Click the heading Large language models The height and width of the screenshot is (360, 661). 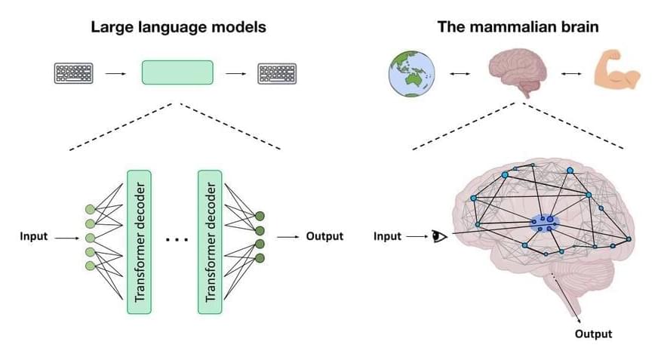pos(178,27)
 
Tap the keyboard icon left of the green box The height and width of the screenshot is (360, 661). pos(75,73)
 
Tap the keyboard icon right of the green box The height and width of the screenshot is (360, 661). pos(278,73)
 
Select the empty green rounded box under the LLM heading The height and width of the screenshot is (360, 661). pos(177,72)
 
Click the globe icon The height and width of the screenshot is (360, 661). pos(407,74)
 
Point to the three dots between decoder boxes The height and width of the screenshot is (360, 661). pos(175,239)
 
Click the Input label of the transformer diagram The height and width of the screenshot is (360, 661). pos(34,236)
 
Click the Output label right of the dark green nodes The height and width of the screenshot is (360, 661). pos(324,236)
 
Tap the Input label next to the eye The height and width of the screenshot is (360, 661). pos(387,236)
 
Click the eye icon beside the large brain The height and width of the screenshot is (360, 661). pos(439,237)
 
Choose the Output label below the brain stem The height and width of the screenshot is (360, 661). pos(593,334)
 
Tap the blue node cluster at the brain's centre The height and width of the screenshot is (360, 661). pos(543,222)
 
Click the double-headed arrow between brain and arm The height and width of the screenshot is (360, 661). pos(570,73)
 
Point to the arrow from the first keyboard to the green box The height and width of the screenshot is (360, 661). pos(115,73)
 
